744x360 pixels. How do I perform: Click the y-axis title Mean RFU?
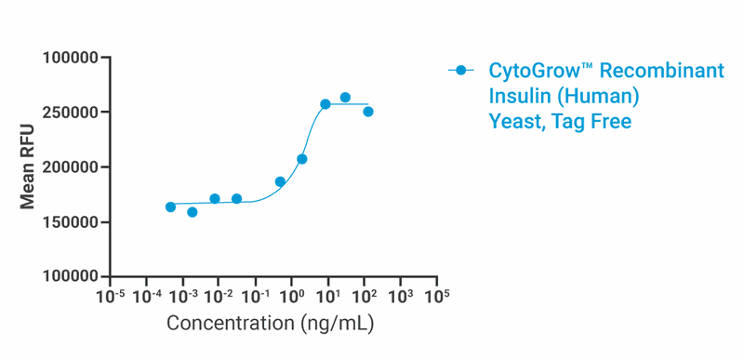(x=28, y=167)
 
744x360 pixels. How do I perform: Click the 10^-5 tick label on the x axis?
(x=110, y=295)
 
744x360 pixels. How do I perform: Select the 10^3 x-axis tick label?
(x=400, y=295)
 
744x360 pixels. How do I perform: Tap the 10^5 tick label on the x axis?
(x=436, y=295)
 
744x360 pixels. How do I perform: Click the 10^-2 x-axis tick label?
(x=218, y=295)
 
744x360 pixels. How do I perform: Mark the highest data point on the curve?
(x=345, y=98)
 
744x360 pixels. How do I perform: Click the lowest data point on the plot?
(x=193, y=212)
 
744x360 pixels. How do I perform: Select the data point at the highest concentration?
(x=368, y=112)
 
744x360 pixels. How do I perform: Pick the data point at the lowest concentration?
(x=170, y=207)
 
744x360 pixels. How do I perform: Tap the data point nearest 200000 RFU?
(x=302, y=159)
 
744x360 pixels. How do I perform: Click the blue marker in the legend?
(x=460, y=71)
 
